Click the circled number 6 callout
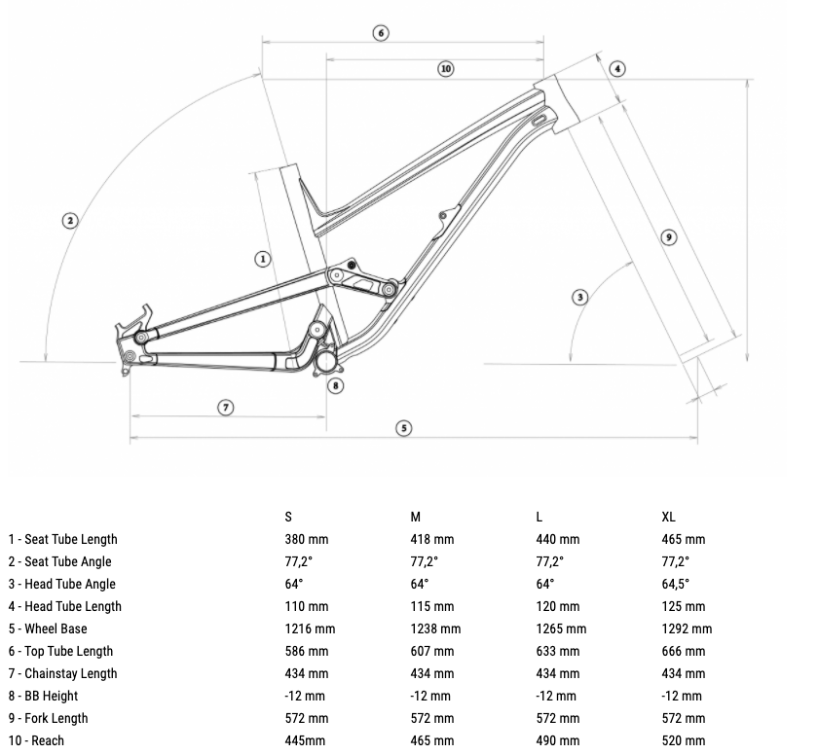(381, 33)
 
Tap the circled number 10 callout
(446, 69)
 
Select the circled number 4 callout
(617, 68)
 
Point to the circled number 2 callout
(70, 221)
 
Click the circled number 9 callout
(669, 237)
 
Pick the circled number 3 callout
(580, 298)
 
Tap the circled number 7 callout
(225, 408)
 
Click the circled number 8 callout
(335, 385)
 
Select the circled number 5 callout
(404, 428)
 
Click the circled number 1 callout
(262, 259)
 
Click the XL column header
(668, 517)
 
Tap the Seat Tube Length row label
(62, 539)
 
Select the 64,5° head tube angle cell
(676, 584)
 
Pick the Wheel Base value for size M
(435, 628)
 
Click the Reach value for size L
(558, 740)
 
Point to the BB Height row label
(43, 697)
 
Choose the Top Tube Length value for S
(307, 651)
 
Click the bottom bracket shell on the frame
(325, 361)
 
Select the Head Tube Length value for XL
(684, 606)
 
